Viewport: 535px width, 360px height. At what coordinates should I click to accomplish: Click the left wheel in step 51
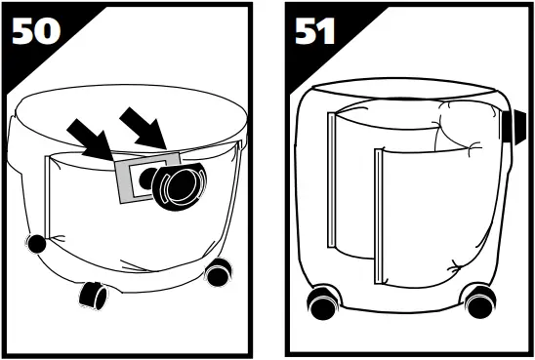pyautogui.click(x=321, y=303)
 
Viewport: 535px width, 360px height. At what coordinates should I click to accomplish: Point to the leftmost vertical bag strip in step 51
pyautogui.click(x=333, y=176)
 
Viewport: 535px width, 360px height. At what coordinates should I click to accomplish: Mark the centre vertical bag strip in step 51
pyautogui.click(x=377, y=210)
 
